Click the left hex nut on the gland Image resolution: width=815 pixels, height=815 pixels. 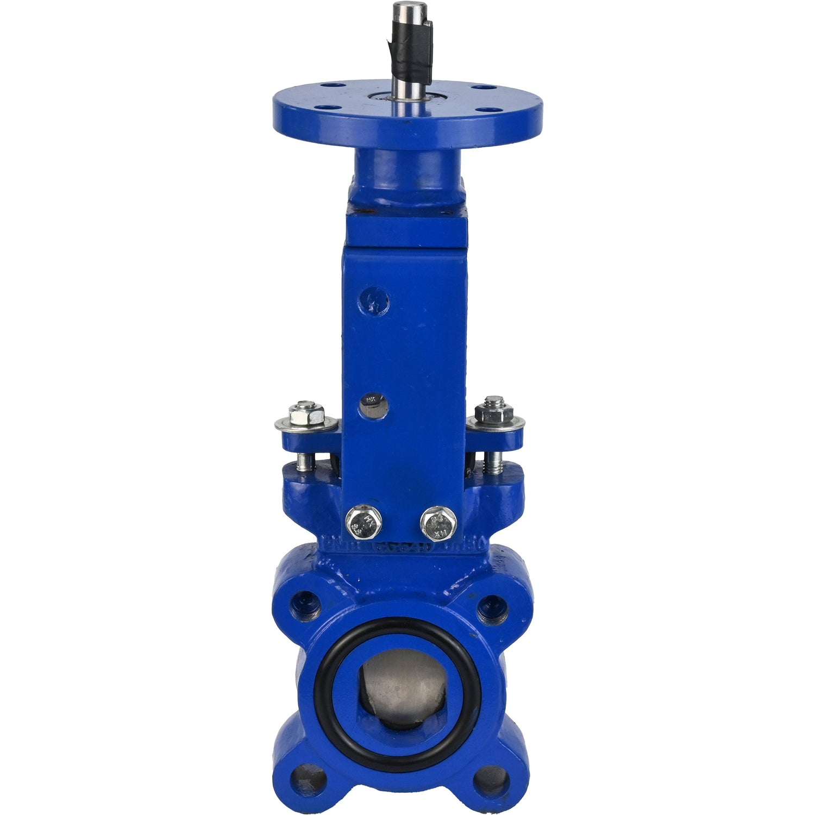pyautogui.click(x=307, y=414)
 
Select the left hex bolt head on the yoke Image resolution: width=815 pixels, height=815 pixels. pyautogui.click(x=363, y=522)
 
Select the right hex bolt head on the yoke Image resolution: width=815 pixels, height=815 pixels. pyautogui.click(x=438, y=523)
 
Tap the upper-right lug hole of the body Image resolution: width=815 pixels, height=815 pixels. pyautogui.click(x=492, y=606)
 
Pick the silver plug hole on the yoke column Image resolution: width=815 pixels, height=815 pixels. pyautogui.click(x=373, y=404)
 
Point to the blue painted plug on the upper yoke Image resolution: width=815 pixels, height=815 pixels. pyautogui.click(x=374, y=300)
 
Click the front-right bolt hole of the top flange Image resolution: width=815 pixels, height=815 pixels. pyautogui.click(x=482, y=109)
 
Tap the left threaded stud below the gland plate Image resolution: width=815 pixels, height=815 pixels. pyautogui.click(x=305, y=462)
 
